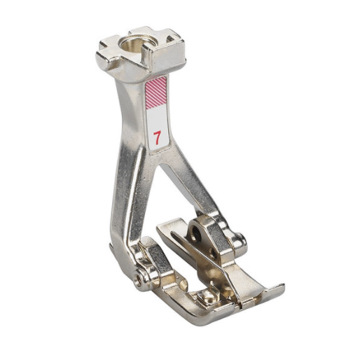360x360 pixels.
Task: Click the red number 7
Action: click(x=158, y=137)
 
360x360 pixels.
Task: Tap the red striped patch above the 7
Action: click(x=155, y=93)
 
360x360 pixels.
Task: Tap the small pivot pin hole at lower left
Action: click(x=139, y=278)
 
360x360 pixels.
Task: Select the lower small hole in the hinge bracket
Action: click(x=212, y=253)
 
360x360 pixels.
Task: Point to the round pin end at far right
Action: click(x=240, y=240)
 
